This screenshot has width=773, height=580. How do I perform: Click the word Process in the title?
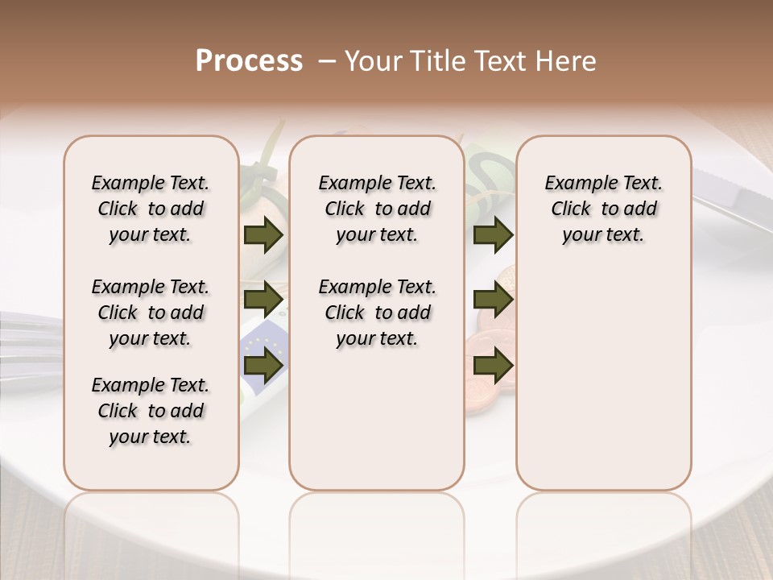(249, 61)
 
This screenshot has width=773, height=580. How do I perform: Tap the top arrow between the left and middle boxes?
(262, 235)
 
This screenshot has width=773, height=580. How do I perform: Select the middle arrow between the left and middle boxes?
(262, 300)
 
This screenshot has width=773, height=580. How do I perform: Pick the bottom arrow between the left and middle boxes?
(262, 366)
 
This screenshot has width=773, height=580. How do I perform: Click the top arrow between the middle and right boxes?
(493, 235)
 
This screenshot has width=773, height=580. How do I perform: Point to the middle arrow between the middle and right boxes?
(493, 300)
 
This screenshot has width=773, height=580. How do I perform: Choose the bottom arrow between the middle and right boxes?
(493, 366)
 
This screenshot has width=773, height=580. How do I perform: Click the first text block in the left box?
(151, 209)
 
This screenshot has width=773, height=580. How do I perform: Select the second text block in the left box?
(151, 313)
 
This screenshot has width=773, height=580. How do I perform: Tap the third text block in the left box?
(151, 411)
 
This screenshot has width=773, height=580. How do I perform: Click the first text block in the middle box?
(377, 209)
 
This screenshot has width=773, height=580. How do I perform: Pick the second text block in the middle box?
(377, 313)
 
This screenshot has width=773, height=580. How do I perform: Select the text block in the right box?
(603, 209)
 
